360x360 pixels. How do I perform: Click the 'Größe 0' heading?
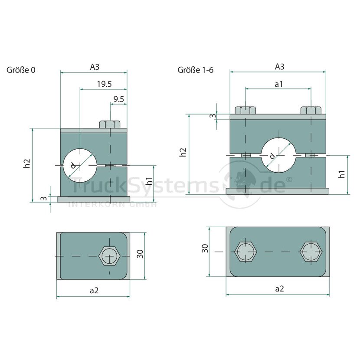tap(21, 70)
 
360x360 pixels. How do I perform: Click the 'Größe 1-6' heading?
tap(195, 70)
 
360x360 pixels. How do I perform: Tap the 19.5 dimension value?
tap(104, 84)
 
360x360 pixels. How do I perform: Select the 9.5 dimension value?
tap(119, 99)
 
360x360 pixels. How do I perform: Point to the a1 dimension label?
tap(279, 84)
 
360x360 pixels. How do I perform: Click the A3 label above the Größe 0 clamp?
tap(95, 67)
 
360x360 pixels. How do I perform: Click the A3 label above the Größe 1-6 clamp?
tap(279, 67)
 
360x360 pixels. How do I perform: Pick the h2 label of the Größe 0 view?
tap(27, 164)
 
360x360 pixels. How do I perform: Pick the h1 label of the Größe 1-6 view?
tap(342, 174)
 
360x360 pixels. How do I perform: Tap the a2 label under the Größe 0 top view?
tap(94, 291)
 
